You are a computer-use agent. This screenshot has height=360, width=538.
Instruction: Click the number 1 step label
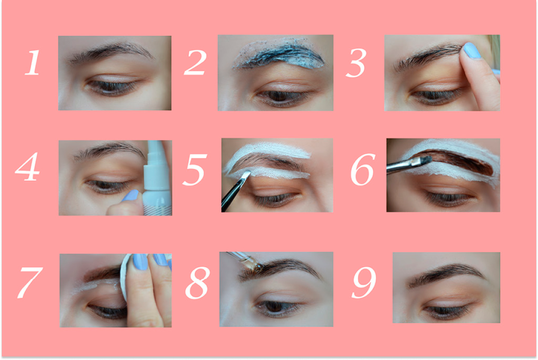[x=33, y=62]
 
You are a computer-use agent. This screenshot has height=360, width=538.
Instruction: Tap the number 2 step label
[x=195, y=62]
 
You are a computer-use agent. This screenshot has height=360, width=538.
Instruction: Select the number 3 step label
[x=356, y=63]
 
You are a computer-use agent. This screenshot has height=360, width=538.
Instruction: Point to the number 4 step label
[x=27, y=166]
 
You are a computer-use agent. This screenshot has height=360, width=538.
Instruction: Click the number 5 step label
[x=195, y=170]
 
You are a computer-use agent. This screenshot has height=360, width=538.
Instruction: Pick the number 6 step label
[x=363, y=169]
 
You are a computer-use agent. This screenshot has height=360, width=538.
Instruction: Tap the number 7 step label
[x=30, y=283]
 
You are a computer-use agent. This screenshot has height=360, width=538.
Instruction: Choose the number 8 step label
[x=197, y=283]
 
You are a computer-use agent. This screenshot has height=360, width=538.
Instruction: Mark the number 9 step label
[x=364, y=282]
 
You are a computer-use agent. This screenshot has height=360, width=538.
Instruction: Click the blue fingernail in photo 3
[x=472, y=50]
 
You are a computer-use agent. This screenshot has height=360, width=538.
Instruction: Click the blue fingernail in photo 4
[x=130, y=195]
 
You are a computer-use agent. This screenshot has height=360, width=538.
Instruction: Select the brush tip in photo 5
[x=246, y=176]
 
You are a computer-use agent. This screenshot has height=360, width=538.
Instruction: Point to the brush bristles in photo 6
[x=425, y=160]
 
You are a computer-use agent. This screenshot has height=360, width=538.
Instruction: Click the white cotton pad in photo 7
[x=125, y=276]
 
